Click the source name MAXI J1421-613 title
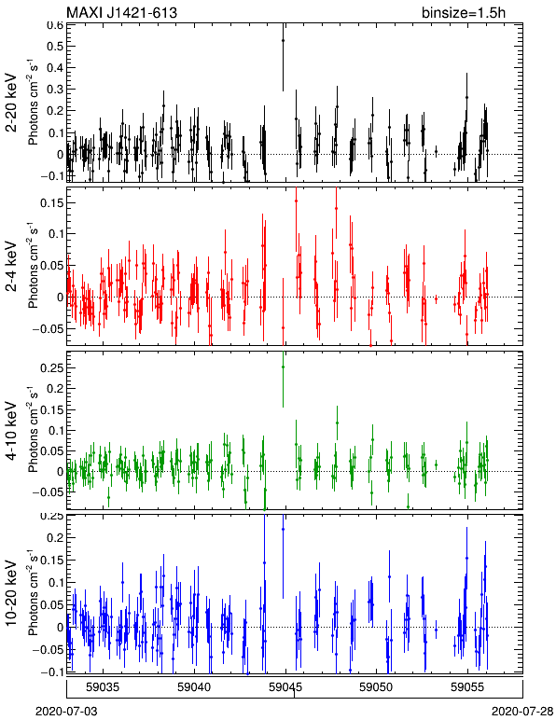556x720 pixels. tap(121, 12)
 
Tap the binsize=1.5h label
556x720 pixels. tap(464, 12)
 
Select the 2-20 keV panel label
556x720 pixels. tap(11, 103)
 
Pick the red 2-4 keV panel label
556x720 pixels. tap(11, 267)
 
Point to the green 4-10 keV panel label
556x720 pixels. tap(11, 431)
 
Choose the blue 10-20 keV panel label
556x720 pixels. tap(11, 593)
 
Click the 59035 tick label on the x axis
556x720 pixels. tap(104, 687)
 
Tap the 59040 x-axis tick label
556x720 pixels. tap(194, 687)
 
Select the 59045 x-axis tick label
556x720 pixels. tap(285, 687)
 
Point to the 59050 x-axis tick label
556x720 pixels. tap(376, 687)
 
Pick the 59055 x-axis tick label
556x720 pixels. tap(467, 687)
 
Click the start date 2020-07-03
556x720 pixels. tap(66, 712)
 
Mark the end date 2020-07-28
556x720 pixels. tap(522, 712)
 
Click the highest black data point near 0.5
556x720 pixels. tap(283, 40)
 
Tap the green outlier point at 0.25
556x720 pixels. tap(283, 367)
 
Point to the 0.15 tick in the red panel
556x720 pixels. tap(51, 202)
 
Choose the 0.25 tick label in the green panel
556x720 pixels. tap(51, 367)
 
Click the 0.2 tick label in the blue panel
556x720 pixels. tap(55, 537)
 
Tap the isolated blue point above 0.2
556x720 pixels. tap(283, 529)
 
